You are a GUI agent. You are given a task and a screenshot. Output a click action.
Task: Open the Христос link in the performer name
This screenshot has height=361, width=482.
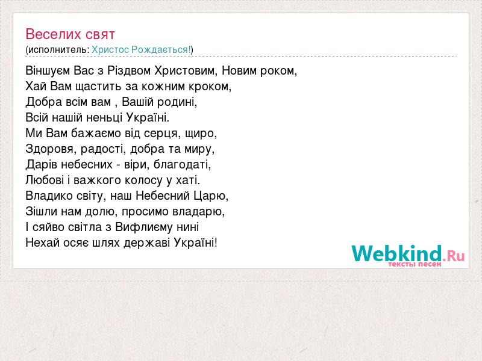(x=110, y=50)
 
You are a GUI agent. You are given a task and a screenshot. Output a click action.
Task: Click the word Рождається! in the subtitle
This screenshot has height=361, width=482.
(x=161, y=50)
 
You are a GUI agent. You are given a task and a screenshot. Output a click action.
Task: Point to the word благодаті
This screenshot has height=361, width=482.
(x=183, y=164)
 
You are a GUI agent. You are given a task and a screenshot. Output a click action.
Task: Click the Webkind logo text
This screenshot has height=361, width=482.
(x=397, y=253)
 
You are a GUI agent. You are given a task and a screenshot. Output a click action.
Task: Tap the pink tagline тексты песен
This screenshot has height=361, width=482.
(x=415, y=264)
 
